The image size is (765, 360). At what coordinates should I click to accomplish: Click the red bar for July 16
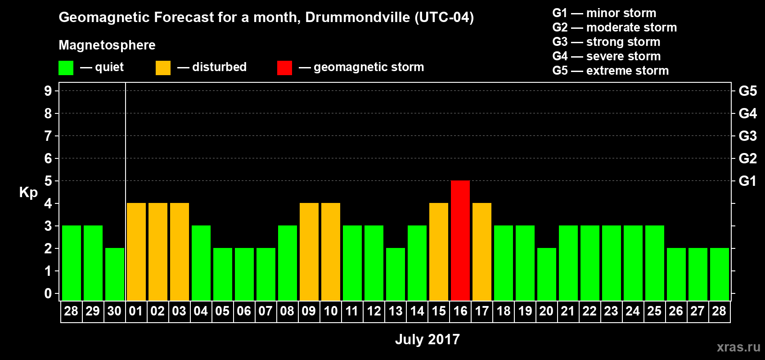(x=460, y=240)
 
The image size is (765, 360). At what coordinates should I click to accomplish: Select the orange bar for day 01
(x=136, y=252)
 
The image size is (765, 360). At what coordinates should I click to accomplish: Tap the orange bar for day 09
(x=309, y=252)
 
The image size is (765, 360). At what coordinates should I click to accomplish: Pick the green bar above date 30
(x=115, y=274)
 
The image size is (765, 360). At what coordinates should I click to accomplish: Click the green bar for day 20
(x=547, y=274)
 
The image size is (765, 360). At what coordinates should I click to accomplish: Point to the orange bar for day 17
(x=482, y=252)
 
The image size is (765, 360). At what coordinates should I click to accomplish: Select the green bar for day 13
(x=396, y=274)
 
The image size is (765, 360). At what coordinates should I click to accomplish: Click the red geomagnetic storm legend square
(x=284, y=68)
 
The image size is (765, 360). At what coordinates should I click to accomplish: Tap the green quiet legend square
(x=66, y=68)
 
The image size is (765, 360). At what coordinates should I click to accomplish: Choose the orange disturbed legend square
(x=163, y=68)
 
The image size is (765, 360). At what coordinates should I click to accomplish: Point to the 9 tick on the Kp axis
(x=48, y=91)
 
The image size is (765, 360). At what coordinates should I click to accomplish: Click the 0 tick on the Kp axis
(x=48, y=294)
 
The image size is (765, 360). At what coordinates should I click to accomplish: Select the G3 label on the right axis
(x=747, y=136)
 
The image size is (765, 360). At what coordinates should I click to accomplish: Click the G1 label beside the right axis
(x=747, y=181)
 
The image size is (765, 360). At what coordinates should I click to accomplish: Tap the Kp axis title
(x=28, y=193)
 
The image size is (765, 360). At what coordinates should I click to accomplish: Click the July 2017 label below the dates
(x=427, y=339)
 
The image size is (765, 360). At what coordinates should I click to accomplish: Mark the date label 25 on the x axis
(x=654, y=311)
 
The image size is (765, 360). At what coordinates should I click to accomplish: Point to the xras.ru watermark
(x=738, y=347)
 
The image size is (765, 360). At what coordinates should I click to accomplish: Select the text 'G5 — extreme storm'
(x=610, y=71)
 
